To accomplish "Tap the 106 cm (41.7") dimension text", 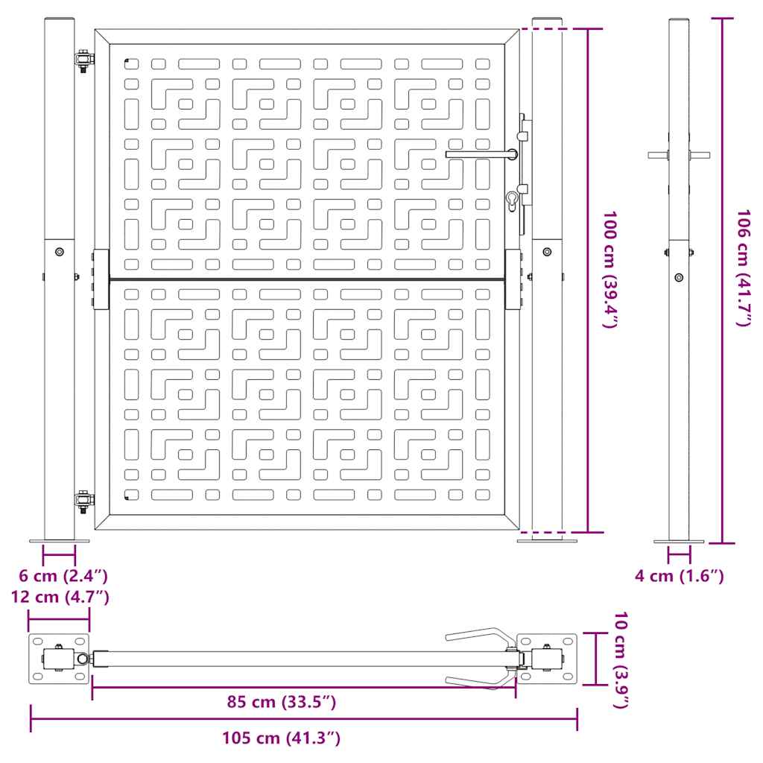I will (743, 268).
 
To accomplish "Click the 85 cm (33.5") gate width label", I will (282, 703).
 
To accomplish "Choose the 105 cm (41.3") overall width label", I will (282, 738).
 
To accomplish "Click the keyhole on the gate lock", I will (512, 201).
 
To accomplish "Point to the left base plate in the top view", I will (59, 659).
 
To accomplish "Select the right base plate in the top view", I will (548, 659).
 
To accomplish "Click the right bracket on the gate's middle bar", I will (513, 279).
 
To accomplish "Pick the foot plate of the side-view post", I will (678, 542).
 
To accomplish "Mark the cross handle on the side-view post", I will (678, 155).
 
